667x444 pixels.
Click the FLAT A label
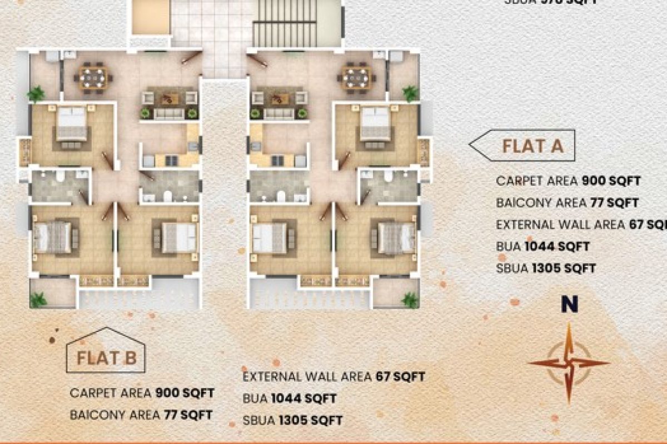point(532,146)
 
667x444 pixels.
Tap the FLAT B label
point(107,358)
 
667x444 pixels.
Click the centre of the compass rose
point(569,364)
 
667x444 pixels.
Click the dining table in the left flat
point(93,77)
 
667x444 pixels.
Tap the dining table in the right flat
point(356,77)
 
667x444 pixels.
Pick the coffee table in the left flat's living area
point(169,99)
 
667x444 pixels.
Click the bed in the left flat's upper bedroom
point(72,124)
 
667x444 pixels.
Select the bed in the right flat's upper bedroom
point(376,124)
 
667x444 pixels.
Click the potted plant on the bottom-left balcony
point(38,300)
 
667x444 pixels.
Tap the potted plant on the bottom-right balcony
point(410,300)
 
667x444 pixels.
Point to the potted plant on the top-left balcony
point(36,94)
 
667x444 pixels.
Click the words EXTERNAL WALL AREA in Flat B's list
point(307,377)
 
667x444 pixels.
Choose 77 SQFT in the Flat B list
point(187,415)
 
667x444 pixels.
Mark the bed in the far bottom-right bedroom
point(396,238)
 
